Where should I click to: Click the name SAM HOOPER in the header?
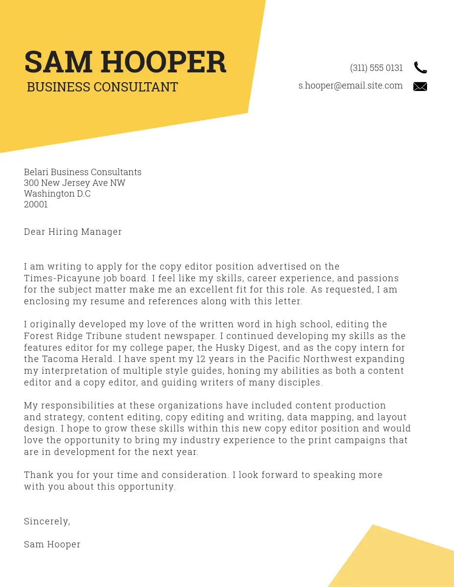tap(125, 62)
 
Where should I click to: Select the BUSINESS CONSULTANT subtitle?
tap(102, 87)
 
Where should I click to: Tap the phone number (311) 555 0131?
tap(376, 68)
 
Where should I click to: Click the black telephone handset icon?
tap(420, 68)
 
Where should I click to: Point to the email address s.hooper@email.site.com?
tap(350, 86)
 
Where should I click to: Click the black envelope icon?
tap(420, 87)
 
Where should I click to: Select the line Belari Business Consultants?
tap(82, 172)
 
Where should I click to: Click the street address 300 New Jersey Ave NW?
tap(74, 183)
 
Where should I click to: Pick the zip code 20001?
tap(36, 204)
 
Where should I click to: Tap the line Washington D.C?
tap(57, 194)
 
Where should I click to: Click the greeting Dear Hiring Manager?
tap(72, 232)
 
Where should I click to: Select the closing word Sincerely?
tap(46, 521)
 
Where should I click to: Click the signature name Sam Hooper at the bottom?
tap(52, 544)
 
